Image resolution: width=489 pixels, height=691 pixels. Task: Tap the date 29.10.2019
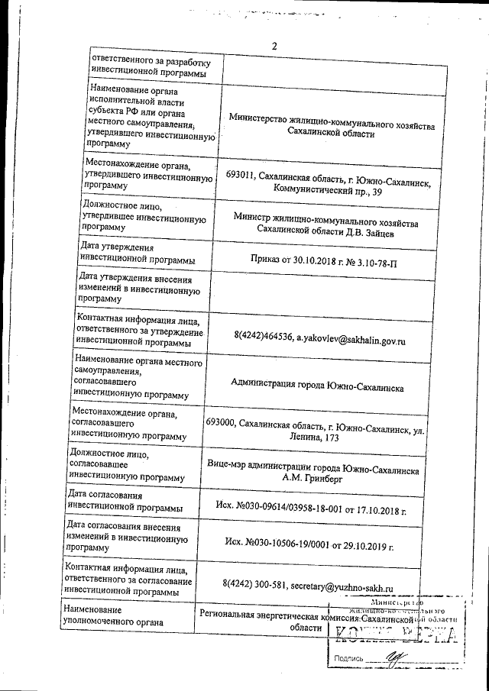[366, 546]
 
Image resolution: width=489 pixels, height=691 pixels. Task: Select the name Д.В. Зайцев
[368, 231]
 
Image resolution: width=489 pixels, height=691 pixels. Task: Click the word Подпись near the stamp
[348, 658]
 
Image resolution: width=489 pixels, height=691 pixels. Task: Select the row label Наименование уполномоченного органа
[114, 617]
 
